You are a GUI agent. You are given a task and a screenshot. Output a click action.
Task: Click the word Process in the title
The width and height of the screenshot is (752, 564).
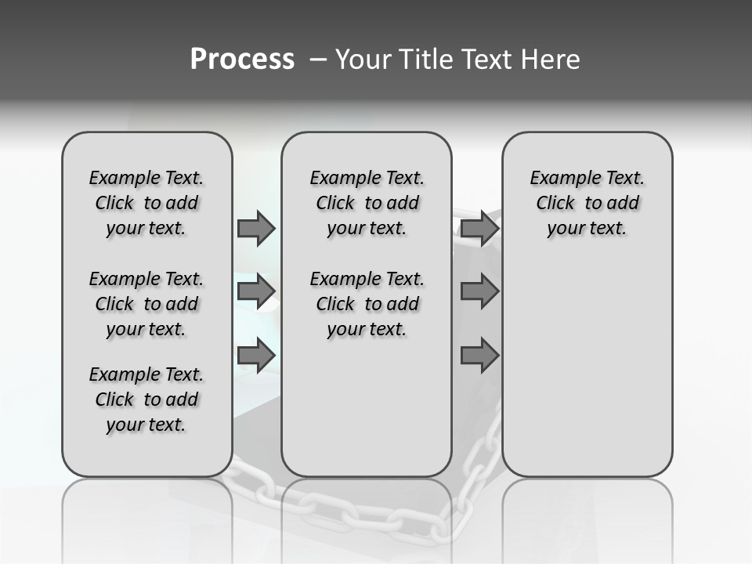click(x=241, y=60)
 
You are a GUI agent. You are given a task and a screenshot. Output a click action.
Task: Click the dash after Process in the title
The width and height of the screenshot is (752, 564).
click(x=317, y=60)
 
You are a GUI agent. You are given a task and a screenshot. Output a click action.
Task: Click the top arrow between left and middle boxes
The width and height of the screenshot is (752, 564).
click(x=256, y=229)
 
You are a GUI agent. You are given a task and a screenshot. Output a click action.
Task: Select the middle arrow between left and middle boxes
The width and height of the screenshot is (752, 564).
click(x=256, y=291)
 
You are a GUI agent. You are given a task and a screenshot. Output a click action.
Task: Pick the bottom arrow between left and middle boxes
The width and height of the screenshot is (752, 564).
click(x=256, y=356)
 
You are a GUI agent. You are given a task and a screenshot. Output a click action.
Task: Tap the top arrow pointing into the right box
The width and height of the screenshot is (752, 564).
click(x=479, y=229)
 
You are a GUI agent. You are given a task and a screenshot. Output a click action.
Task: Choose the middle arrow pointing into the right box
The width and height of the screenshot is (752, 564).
click(x=479, y=291)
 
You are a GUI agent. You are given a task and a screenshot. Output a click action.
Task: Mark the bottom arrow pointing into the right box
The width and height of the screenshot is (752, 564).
click(x=479, y=356)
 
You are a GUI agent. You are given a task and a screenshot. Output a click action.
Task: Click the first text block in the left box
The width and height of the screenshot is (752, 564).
click(x=146, y=203)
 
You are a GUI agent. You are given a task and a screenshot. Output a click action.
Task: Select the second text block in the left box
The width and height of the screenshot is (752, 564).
click(x=146, y=304)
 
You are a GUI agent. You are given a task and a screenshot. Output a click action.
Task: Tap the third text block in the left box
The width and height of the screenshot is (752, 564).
click(x=146, y=399)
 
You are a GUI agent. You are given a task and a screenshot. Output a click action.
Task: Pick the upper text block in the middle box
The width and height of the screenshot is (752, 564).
click(x=367, y=203)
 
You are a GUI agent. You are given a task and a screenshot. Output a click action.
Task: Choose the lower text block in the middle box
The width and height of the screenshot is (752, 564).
click(x=367, y=304)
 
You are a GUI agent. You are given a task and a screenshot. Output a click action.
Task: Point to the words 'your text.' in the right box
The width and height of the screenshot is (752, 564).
click(x=587, y=229)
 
